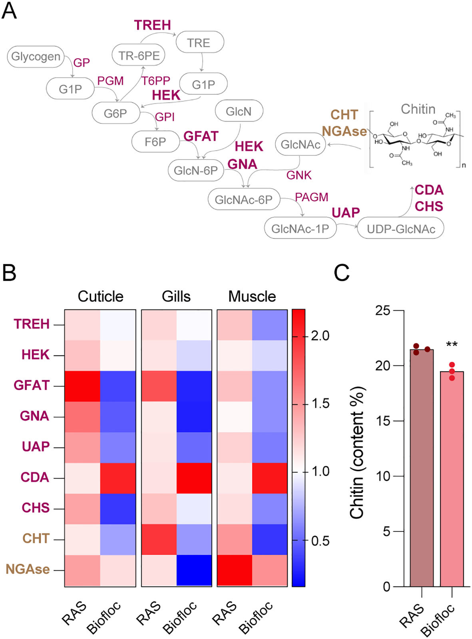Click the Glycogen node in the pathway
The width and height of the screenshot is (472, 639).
point(36,56)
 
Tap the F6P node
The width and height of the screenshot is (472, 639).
point(155,142)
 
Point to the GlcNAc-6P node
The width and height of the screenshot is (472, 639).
point(243,199)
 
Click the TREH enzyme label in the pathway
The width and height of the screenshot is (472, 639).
point(152,25)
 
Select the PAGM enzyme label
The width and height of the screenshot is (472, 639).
point(311,197)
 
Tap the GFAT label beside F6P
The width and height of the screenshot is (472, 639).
point(201,136)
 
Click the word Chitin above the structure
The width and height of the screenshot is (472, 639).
point(418,109)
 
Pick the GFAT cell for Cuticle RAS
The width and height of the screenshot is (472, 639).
point(82,386)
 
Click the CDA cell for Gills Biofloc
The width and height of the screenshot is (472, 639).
point(194,478)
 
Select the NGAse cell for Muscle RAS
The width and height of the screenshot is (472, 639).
point(235,570)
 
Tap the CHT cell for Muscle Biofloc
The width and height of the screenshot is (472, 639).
point(270,539)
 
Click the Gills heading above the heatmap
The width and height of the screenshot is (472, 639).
point(176,296)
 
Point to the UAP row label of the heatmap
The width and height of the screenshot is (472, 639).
point(36,446)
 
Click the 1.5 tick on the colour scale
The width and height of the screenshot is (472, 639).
point(320,403)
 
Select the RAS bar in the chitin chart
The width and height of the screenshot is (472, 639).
point(422,468)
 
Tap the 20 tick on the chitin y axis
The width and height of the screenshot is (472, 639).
point(382,365)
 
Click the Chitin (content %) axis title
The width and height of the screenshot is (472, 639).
point(357,453)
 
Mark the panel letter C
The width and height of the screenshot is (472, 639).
point(342,273)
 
